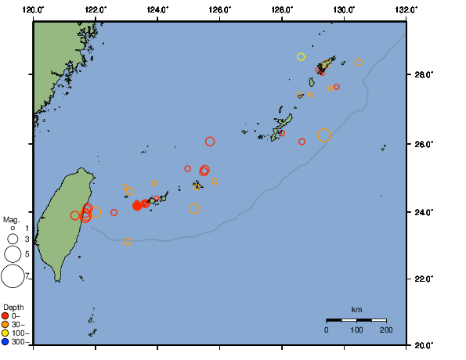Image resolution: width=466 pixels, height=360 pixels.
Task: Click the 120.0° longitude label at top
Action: [33, 9]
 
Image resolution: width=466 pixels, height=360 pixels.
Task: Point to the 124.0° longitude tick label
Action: [157, 9]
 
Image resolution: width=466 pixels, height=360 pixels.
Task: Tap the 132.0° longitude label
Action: [405, 9]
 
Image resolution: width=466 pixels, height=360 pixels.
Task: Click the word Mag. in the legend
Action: [11, 220]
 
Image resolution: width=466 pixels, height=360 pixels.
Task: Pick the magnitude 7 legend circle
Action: [13, 275]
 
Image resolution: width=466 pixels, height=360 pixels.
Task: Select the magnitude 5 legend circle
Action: [13, 254]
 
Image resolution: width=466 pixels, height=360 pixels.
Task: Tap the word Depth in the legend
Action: [13, 307]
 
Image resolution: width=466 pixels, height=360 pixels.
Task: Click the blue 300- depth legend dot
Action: [5, 342]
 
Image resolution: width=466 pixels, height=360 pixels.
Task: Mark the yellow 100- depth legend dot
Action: [5, 333]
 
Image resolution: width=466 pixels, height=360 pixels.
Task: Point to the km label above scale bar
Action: [356, 310]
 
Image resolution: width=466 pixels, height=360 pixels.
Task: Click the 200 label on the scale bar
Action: [386, 330]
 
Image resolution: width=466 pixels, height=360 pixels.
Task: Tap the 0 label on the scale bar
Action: [327, 330]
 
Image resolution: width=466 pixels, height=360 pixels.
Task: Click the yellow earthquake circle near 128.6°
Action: [301, 56]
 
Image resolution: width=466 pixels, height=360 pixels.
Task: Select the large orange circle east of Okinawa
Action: [324, 135]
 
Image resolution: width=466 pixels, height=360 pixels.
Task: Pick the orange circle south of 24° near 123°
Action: [128, 242]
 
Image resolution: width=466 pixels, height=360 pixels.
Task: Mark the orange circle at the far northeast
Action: [359, 63]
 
